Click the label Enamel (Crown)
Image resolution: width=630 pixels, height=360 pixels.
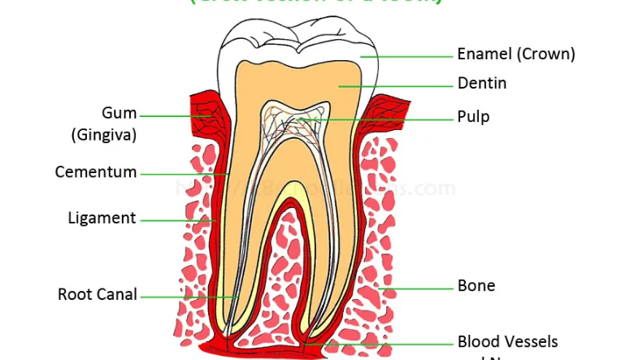(x=516, y=54)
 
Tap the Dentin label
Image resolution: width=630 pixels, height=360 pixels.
(x=482, y=83)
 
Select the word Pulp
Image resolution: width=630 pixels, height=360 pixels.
(x=473, y=117)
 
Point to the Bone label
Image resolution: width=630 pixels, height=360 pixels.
(x=476, y=285)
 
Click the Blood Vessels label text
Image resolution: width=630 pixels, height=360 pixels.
(x=507, y=342)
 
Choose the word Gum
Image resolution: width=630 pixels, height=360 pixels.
(x=119, y=113)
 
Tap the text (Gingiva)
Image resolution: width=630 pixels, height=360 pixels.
(x=103, y=135)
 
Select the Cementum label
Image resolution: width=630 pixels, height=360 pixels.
(x=96, y=172)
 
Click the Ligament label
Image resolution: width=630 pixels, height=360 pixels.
(x=102, y=218)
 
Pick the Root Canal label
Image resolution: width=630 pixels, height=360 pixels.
(x=98, y=295)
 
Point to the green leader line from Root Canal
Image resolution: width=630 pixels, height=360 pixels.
(x=187, y=297)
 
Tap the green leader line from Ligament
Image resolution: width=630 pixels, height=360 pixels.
(x=175, y=219)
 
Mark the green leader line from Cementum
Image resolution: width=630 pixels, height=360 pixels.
(x=183, y=173)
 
